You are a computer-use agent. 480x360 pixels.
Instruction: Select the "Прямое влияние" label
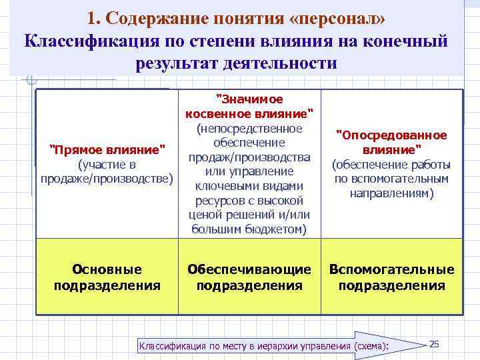(x=107, y=148)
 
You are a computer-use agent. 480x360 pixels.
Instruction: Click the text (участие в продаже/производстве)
(x=107, y=171)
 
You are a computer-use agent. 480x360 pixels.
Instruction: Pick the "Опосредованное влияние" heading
(x=391, y=142)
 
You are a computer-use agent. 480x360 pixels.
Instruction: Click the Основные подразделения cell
(x=107, y=277)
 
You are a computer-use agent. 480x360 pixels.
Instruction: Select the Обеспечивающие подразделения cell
(x=249, y=277)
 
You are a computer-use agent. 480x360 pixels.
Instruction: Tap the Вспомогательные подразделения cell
(x=391, y=277)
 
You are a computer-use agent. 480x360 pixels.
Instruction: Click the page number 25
(x=434, y=343)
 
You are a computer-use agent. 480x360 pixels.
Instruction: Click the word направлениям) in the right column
(x=391, y=193)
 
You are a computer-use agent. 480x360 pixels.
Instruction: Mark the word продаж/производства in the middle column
(x=249, y=157)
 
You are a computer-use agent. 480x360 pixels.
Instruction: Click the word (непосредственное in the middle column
(x=249, y=128)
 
